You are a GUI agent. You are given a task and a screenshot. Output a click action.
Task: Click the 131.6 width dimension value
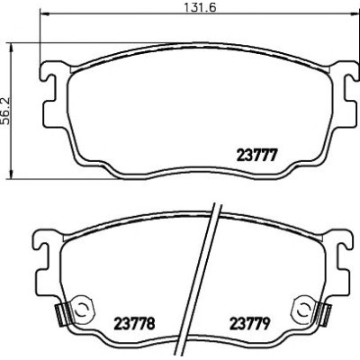point(200,6)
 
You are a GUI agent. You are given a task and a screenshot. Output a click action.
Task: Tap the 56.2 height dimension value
point(5,111)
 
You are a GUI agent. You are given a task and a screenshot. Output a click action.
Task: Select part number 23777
point(256,156)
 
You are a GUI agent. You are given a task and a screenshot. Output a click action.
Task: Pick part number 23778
point(135,323)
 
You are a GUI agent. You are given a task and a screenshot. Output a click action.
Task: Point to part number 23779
point(250,323)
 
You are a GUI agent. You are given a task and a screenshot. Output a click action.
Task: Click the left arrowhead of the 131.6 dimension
point(44,13)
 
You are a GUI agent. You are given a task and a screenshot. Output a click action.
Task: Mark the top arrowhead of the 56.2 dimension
point(12,48)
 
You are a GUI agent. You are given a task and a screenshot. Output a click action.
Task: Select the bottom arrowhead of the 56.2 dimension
point(12,175)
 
